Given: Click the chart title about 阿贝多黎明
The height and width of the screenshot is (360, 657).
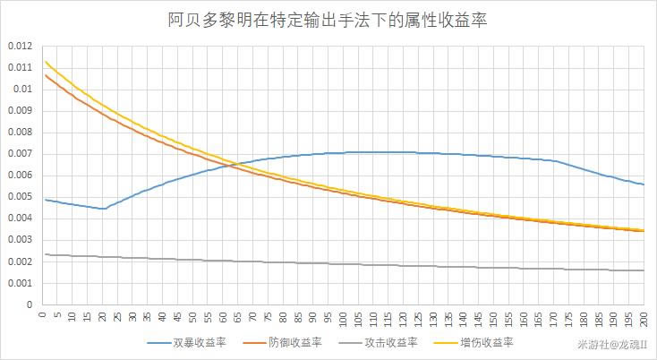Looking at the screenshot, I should click(328, 19).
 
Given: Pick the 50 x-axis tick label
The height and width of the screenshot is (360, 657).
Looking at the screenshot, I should click(192, 317).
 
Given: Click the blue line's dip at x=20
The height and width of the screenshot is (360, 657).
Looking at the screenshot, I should click(103, 209).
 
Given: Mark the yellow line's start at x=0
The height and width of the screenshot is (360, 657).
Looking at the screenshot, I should click(44, 61).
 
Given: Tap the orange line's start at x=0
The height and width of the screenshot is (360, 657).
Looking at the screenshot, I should click(44, 74).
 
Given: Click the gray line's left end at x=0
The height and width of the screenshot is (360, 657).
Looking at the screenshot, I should click(44, 254).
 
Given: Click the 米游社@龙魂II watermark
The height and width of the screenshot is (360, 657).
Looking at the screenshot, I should click(614, 344).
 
